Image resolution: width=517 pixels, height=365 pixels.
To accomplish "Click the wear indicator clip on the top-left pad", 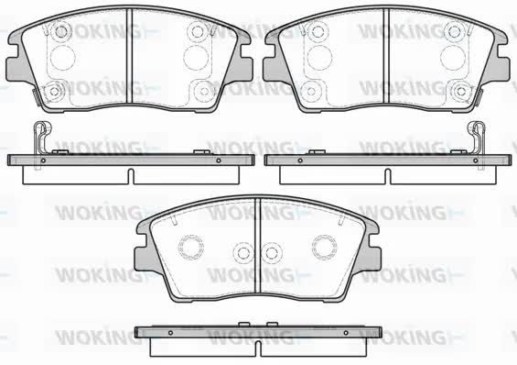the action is point(37,97).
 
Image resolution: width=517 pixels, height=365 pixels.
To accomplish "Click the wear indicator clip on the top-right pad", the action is point(479,97).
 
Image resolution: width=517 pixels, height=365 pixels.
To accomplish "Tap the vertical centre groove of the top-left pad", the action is point(129,56).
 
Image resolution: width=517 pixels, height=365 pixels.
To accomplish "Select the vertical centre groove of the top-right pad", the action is point(386,56).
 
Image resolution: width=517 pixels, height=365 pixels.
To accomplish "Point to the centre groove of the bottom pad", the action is point(258,245).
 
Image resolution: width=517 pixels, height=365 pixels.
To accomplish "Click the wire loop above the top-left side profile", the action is point(41,136).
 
